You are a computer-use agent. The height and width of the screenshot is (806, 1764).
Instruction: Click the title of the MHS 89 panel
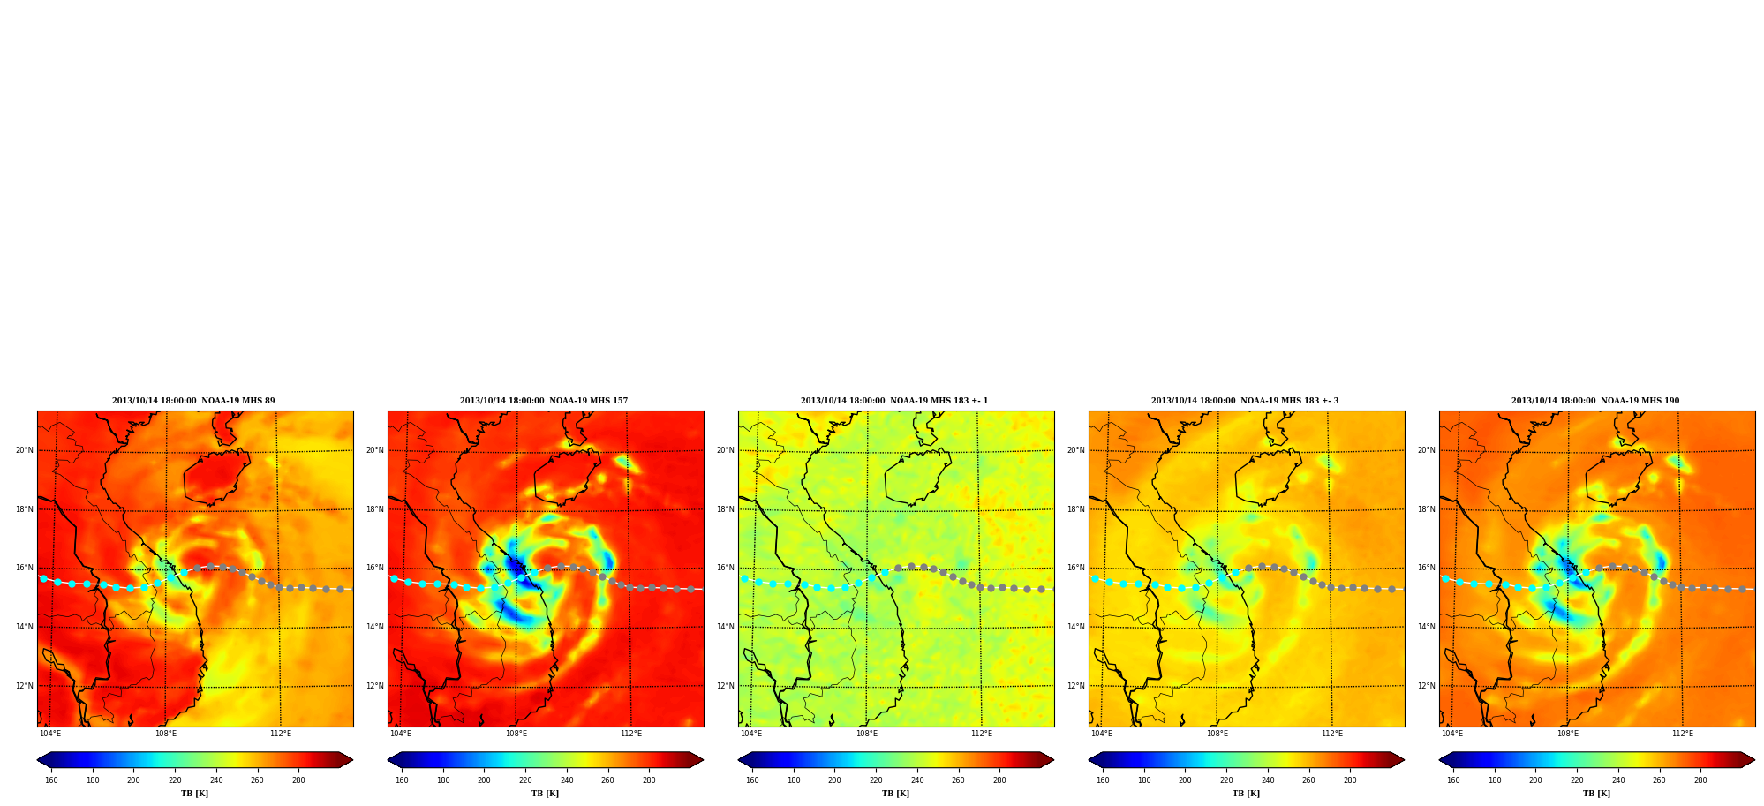click(x=193, y=401)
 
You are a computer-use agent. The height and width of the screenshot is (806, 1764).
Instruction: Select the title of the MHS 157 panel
click(x=544, y=401)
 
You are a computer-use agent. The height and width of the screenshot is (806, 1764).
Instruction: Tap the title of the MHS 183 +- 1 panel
click(x=894, y=401)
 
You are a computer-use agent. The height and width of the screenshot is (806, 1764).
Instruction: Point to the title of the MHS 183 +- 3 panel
click(x=1245, y=401)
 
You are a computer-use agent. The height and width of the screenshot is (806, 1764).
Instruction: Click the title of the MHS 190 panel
click(x=1595, y=401)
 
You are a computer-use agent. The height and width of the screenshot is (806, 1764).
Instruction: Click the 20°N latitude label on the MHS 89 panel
click(x=24, y=450)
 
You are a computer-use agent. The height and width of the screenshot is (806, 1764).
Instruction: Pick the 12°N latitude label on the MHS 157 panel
click(x=375, y=686)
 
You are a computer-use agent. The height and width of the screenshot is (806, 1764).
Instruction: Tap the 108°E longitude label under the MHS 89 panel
click(x=166, y=734)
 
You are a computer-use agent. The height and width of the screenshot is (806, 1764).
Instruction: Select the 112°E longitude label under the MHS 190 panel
click(x=1683, y=734)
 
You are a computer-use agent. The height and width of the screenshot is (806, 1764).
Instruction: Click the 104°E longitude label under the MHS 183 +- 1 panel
click(x=751, y=734)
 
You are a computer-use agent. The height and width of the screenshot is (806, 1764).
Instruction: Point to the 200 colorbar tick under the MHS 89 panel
click(x=133, y=780)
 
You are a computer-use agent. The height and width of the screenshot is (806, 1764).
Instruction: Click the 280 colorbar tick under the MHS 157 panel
click(x=649, y=780)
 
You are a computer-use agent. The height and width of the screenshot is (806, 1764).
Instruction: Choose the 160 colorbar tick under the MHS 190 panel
click(x=1453, y=780)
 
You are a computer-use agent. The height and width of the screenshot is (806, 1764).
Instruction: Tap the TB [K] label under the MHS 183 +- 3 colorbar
click(x=1247, y=794)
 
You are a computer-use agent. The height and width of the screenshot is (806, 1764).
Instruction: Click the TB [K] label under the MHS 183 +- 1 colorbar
click(x=896, y=794)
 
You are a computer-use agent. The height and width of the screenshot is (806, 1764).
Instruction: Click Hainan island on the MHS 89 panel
click(x=215, y=478)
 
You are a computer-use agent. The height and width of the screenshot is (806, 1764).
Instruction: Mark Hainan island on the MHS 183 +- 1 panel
click(x=916, y=478)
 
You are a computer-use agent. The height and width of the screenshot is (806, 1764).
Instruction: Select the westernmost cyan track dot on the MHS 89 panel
click(x=43, y=578)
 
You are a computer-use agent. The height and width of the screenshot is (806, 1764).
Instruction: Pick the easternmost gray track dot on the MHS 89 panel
click(x=340, y=589)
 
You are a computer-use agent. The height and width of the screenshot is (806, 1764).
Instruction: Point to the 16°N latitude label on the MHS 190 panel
click(x=1426, y=569)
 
